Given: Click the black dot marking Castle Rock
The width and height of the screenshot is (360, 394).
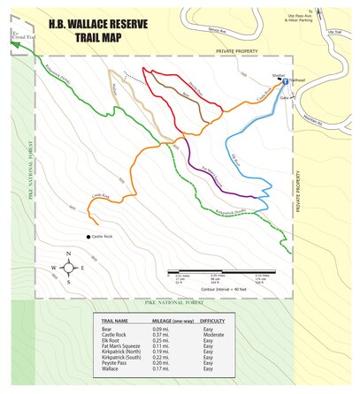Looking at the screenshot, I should click(89, 237).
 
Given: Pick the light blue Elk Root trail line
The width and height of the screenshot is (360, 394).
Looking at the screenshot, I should click(252, 159).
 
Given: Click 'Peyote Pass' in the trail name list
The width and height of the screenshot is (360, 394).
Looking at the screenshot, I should click(117, 362).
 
